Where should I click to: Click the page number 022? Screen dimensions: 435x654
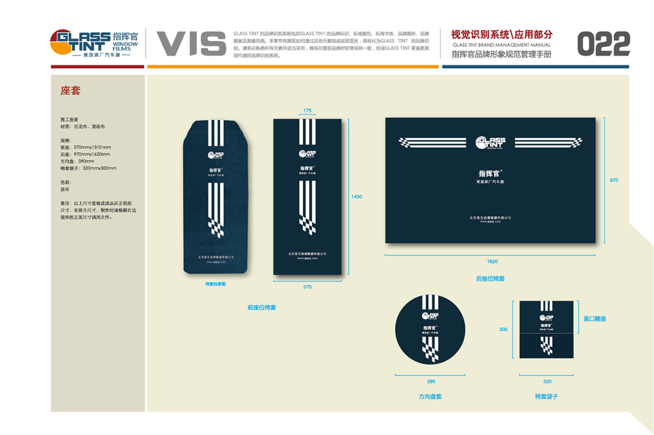pyautogui.click(x=604, y=44)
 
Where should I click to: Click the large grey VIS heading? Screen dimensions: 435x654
pyautogui.click(x=191, y=44)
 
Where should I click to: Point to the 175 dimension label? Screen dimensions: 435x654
pyautogui.click(x=307, y=110)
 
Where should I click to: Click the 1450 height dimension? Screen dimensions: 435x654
pyautogui.click(x=356, y=197)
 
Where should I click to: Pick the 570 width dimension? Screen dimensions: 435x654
pyautogui.click(x=307, y=287)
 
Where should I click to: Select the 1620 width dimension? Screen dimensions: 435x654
pyautogui.click(x=492, y=261)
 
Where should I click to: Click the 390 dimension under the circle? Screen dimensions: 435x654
pyautogui.click(x=430, y=381)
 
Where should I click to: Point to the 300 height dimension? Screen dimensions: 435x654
pyautogui.click(x=503, y=329)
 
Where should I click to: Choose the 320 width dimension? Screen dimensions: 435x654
pyautogui.click(x=547, y=381)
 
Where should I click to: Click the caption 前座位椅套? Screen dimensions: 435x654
pyautogui.click(x=262, y=307)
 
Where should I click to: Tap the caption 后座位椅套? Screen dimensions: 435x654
pyautogui.click(x=490, y=279)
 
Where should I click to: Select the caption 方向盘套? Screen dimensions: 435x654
pyautogui.click(x=430, y=396)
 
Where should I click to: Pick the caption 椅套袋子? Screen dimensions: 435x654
pyautogui.click(x=547, y=396)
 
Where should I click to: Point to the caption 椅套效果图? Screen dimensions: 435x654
pyautogui.click(x=215, y=284)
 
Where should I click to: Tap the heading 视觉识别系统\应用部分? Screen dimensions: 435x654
pyautogui.click(x=502, y=34)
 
